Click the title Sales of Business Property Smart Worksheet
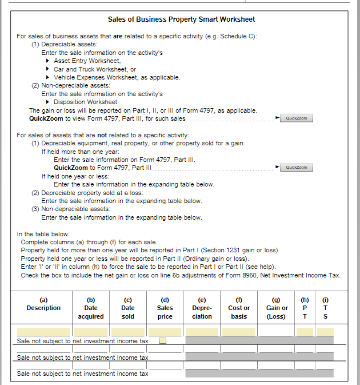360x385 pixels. [181, 19]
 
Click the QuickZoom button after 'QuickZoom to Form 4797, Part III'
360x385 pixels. [297, 168]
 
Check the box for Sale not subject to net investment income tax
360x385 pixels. [163, 341]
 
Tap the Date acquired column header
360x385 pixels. [91, 308]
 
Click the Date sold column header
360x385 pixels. [128, 308]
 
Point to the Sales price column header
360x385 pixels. [165, 308]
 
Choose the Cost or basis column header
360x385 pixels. [239, 308]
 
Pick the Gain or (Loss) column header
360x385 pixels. [277, 308]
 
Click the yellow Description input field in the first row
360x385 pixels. [43, 332]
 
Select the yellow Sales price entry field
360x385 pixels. [165, 332]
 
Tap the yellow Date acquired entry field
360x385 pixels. [91, 332]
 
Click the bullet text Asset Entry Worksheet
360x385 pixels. [87, 61]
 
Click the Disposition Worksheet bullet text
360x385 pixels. [85, 102]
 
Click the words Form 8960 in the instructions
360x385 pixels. [239, 275]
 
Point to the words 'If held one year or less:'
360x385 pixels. [75, 176]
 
